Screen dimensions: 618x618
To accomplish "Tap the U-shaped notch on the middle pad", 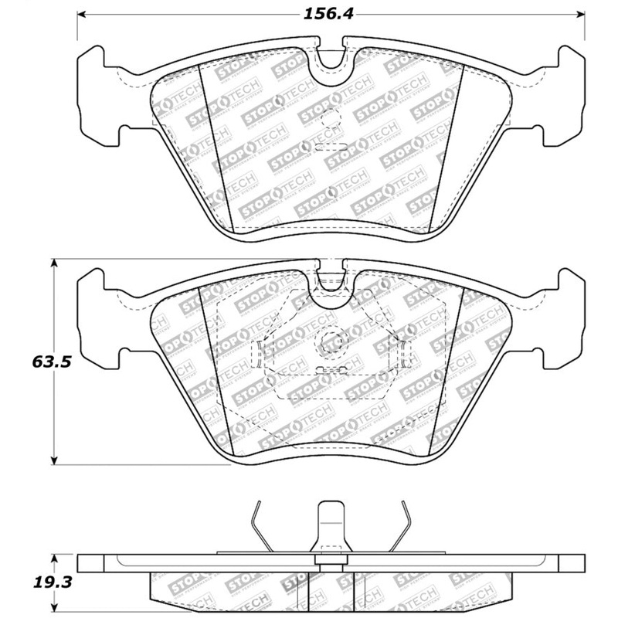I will point(331,277).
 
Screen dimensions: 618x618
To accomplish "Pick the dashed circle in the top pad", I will point(331,118).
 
